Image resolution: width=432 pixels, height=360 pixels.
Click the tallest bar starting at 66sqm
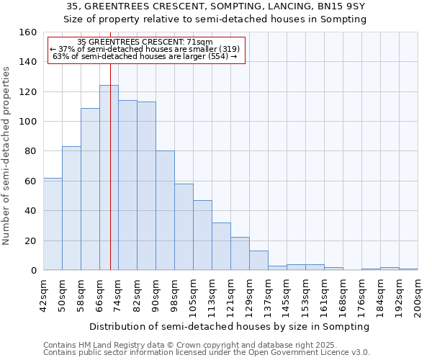click(x=109, y=178)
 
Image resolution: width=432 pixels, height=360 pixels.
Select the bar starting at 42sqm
click(x=53, y=224)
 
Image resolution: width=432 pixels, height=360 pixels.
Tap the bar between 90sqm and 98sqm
click(x=165, y=210)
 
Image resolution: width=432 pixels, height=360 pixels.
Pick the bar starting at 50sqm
click(x=71, y=208)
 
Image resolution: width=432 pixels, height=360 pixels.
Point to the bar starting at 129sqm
click(x=258, y=261)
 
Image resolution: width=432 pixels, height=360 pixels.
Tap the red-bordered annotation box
click(x=147, y=50)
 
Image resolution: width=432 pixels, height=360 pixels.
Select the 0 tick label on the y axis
click(x=33, y=271)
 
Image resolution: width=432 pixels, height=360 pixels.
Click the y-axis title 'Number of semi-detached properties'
click(x=6, y=152)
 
